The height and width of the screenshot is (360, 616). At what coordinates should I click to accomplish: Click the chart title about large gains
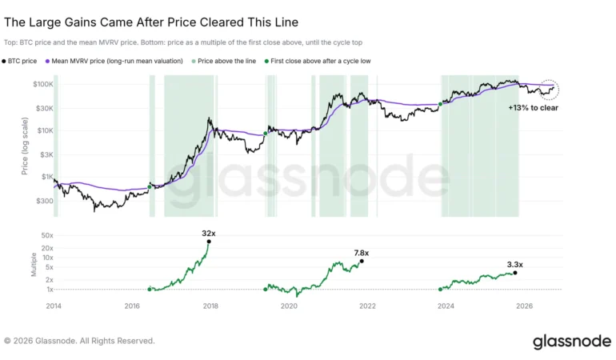point(151,22)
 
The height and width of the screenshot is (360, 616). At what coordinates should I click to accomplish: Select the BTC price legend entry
point(19,61)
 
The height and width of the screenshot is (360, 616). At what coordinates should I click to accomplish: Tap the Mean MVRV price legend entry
point(114,61)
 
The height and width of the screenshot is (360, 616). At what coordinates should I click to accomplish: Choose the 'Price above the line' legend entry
point(223,61)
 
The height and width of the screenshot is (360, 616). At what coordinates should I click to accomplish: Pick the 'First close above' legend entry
point(318,61)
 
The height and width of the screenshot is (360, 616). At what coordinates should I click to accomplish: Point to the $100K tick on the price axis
point(43,84)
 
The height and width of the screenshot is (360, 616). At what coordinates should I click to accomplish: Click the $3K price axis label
point(46,155)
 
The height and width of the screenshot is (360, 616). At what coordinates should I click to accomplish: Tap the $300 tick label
point(44,202)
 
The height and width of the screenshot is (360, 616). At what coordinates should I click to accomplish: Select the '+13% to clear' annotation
point(533,108)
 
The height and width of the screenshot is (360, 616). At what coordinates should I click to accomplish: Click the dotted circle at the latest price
point(549,80)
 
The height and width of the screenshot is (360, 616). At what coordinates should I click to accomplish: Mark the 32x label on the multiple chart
point(209,234)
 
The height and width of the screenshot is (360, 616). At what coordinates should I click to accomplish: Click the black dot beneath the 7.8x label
point(362,261)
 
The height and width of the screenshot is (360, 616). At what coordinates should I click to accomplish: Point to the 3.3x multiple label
point(514,265)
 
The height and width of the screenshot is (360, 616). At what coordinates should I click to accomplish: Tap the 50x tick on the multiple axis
point(47,235)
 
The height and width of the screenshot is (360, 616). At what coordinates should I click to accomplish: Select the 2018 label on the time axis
point(210,306)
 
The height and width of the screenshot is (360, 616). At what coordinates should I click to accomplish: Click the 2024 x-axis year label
point(446,306)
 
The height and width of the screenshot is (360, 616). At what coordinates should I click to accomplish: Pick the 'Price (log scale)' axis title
point(25,146)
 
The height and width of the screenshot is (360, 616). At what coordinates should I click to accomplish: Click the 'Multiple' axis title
point(34,265)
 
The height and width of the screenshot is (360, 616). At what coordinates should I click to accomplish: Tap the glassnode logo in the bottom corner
point(572,342)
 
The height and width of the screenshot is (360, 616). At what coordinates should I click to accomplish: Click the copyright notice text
point(79,341)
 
